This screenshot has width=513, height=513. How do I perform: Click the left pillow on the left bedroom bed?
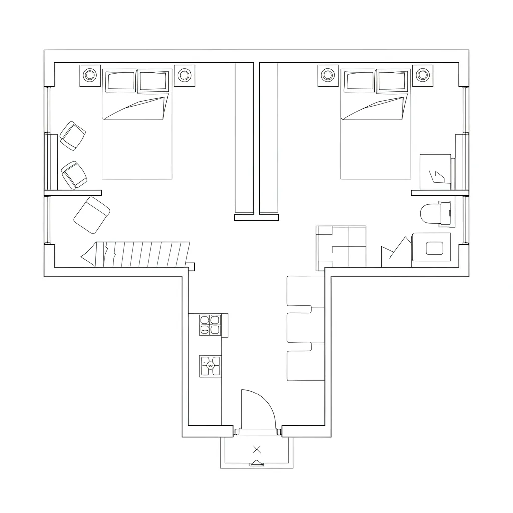click(x=119, y=81)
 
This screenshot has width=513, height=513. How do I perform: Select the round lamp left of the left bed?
click(x=90, y=75)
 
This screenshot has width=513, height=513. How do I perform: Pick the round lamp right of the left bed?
click(x=184, y=75)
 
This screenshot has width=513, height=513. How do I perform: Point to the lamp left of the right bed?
click(x=328, y=75)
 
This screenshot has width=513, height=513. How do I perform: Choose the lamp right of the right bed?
click(x=423, y=75)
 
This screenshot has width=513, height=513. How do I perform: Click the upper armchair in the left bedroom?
click(x=73, y=135)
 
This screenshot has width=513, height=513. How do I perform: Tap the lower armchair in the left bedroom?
click(x=74, y=175)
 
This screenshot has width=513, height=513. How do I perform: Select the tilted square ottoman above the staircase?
click(x=92, y=215)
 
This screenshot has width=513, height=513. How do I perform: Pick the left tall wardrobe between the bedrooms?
click(x=244, y=138)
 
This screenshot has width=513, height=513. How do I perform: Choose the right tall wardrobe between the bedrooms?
click(x=269, y=138)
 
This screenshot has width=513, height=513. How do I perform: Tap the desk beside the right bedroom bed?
click(x=435, y=172)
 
